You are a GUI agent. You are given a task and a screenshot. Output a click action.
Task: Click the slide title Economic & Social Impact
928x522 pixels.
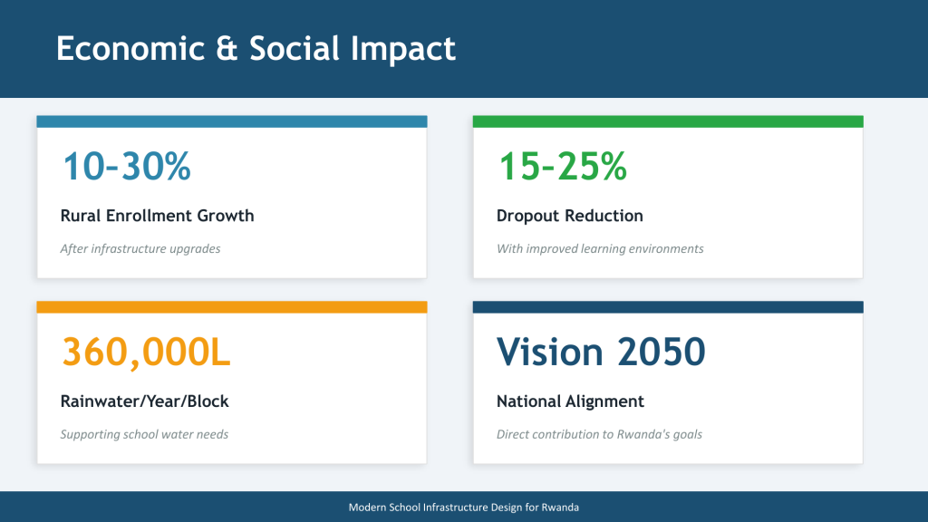256,49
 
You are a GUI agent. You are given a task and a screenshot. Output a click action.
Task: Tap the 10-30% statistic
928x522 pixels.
127,166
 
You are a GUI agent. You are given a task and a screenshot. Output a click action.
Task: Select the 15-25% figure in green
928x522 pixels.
563,166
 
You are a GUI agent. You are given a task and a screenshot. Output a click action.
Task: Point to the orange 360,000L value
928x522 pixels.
146,353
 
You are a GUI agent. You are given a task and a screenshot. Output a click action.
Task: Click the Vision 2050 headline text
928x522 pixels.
601,352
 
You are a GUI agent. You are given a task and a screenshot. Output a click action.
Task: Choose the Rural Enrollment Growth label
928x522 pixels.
157,216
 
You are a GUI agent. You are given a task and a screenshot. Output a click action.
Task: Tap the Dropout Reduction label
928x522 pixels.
569,216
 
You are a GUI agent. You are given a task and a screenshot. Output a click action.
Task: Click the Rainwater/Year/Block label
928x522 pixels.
144,401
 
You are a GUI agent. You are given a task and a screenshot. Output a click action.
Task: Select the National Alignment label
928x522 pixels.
570,401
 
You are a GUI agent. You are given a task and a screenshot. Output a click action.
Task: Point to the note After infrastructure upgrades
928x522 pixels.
140,248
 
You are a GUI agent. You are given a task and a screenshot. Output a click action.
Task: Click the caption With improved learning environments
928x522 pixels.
600,248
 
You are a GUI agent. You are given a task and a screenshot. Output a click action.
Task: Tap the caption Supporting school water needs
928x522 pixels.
144,434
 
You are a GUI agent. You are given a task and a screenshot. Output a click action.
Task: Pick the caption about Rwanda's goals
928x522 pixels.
599,434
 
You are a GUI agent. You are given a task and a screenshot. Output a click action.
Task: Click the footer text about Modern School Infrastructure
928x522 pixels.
463,507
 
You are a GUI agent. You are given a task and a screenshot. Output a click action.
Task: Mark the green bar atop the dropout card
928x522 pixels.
668,121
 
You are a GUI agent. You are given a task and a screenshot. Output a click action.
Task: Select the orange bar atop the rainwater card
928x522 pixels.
232,306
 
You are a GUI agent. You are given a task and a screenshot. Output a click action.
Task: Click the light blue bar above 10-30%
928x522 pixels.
232,121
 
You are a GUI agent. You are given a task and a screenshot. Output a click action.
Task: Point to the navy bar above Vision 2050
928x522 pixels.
668,306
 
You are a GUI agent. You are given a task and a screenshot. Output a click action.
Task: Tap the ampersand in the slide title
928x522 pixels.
227,49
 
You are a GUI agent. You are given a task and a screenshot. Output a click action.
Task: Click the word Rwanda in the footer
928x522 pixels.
560,507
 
